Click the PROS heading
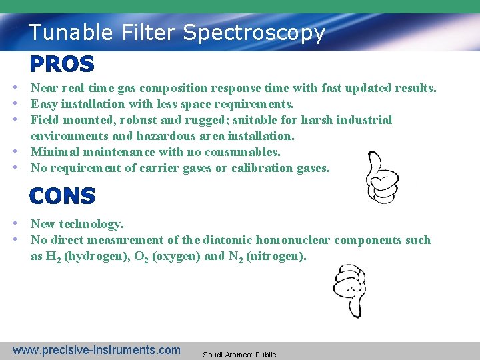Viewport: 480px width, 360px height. [62, 65]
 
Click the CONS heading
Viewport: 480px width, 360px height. [63, 196]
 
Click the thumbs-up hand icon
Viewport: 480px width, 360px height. [383, 177]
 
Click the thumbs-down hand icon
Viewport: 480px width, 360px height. [349, 289]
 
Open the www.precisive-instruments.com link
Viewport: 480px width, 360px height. [97, 350]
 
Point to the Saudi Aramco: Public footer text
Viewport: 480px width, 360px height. [239, 355]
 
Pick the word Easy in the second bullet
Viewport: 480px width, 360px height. [43, 104]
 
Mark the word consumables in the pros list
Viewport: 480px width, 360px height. [247, 152]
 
